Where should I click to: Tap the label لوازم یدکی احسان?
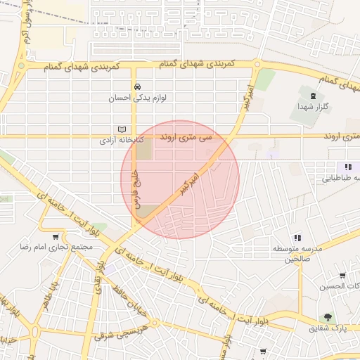point(136,98)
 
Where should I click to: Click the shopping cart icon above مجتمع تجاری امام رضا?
point(56,236)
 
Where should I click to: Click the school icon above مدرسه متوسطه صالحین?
point(297,238)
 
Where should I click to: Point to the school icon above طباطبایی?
point(347,167)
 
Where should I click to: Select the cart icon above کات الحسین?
point(342,275)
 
